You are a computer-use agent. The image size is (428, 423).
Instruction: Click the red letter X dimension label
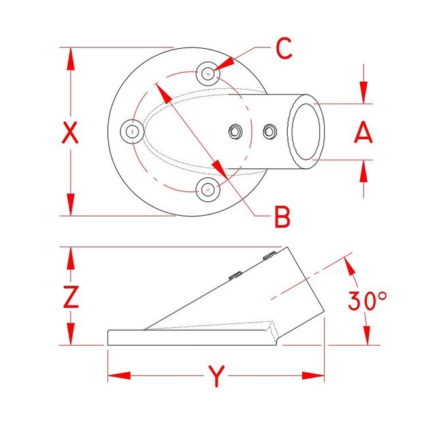pos(70,134)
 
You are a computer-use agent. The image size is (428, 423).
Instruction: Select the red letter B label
pos(282,217)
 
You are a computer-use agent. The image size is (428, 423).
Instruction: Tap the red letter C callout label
pos(283,49)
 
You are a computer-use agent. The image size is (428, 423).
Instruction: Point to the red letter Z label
pos(70,298)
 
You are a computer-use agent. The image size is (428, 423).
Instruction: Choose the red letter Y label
pos(216,377)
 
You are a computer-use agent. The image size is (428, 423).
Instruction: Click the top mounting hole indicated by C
pos(209,74)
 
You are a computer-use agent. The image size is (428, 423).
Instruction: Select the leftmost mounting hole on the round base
pos(132,131)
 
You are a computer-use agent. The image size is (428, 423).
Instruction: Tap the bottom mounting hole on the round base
pos(209,189)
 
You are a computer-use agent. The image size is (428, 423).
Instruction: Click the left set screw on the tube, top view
pos(235,131)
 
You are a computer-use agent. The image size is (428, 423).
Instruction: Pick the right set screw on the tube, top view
pos(269,131)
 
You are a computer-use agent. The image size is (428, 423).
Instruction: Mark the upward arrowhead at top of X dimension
pos(70,57)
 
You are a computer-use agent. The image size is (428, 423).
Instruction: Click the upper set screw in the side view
pos(268,254)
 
